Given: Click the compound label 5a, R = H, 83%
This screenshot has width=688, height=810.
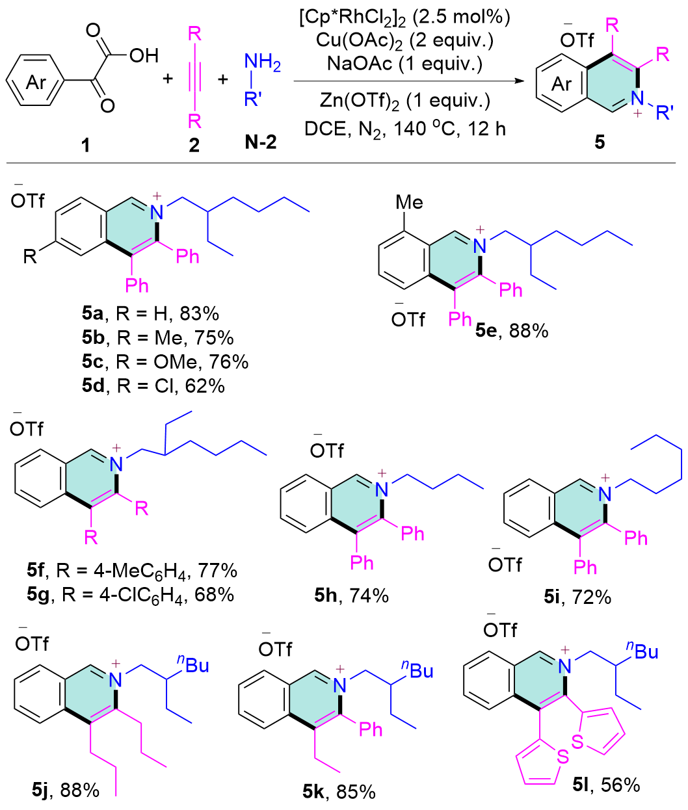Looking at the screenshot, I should (150, 314).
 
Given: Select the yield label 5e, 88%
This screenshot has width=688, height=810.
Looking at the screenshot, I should (511, 330).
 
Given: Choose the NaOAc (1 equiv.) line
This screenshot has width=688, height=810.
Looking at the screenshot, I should (404, 63).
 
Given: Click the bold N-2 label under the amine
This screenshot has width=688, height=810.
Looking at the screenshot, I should (261, 142).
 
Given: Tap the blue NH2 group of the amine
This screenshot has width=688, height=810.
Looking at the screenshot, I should (262, 64).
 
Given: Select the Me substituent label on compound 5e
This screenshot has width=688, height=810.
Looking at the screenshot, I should (409, 203).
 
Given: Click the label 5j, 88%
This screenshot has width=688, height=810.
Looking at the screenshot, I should (66, 790).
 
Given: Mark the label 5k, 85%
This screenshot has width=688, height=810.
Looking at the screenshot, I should (338, 792).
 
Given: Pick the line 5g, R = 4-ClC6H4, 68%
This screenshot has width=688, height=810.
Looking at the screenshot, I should (131, 594).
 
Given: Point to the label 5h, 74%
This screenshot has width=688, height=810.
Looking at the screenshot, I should (351, 595).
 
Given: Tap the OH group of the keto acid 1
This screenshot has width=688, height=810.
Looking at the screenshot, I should (143, 56).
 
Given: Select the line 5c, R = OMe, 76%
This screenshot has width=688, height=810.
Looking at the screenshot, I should (165, 361).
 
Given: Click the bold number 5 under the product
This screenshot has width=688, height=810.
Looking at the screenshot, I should (599, 142).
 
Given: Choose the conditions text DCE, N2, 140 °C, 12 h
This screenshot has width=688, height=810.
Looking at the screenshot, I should (404, 129).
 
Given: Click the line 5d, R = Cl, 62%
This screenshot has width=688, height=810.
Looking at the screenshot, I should (153, 385).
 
